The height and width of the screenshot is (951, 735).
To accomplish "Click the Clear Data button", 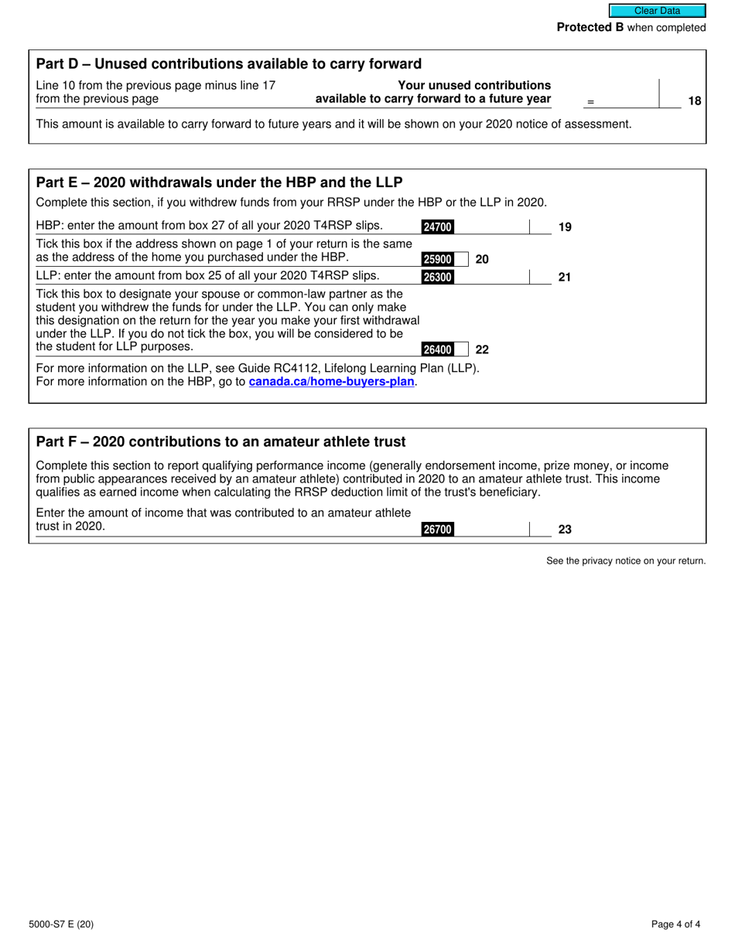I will pos(657,11).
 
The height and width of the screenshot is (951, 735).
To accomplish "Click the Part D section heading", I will pos(229,64).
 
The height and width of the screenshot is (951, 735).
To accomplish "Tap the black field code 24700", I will pos(437,227).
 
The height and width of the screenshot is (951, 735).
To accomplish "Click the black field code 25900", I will pos(437,260).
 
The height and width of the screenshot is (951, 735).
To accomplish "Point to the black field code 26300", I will pos(437,277).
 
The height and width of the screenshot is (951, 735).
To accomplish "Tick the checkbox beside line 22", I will pos(461,349).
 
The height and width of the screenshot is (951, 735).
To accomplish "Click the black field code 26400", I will pos(437,349).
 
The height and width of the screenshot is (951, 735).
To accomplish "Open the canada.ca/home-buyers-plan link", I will pos(331,381).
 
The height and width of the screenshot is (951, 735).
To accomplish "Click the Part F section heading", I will pos(220,442).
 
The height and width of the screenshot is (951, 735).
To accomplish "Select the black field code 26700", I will pos(437,530).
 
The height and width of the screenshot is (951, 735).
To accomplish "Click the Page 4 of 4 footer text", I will pos(675,924).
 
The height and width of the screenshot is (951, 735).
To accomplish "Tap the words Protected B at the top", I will pos(590,28).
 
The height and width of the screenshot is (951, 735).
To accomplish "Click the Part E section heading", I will pos(219,182).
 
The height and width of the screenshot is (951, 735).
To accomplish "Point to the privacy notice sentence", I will pos(626,561).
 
